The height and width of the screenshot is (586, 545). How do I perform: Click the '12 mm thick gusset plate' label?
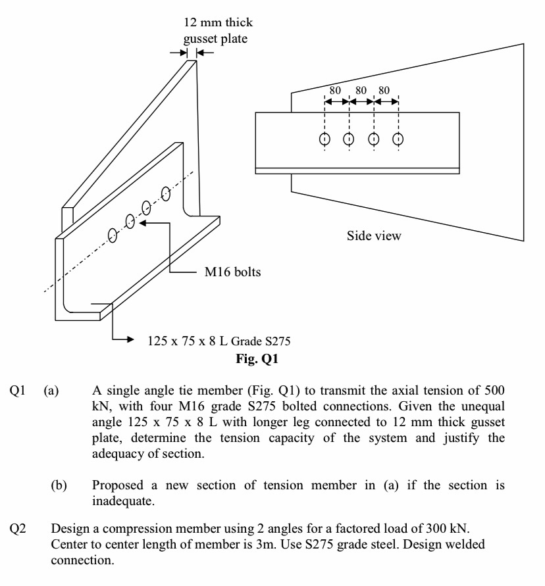pos(217,30)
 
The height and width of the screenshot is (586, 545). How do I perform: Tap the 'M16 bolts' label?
pos(232,272)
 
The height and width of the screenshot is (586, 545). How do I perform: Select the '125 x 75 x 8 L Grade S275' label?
pos(219,341)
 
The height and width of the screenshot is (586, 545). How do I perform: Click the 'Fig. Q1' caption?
pos(257,359)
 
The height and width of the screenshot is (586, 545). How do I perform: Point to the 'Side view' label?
pos(374,235)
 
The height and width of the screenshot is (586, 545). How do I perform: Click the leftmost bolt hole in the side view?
pos(324,139)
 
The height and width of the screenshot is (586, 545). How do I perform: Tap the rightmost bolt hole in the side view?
pos(398,139)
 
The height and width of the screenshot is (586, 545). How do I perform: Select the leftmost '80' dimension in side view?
pos(335,89)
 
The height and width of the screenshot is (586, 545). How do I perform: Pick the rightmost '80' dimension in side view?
pos(385,89)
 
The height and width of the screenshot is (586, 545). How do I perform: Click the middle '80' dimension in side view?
pos(361,89)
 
